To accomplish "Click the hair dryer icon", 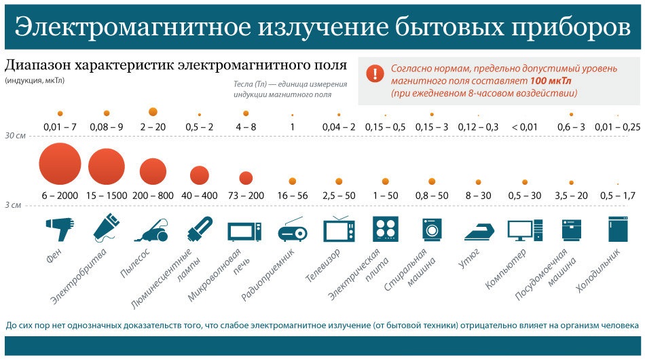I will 60,229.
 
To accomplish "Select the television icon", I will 339,230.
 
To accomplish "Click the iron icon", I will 479,231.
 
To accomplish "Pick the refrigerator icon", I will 617,230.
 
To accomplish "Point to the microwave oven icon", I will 244,231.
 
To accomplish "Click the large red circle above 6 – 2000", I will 60,164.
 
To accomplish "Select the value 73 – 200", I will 246,196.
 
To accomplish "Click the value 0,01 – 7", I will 60,127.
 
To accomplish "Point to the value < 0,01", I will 524,127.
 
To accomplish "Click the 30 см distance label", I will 15,136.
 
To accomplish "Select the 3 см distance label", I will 13,204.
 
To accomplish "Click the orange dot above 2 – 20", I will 153,111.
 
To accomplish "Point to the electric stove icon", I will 385,230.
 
